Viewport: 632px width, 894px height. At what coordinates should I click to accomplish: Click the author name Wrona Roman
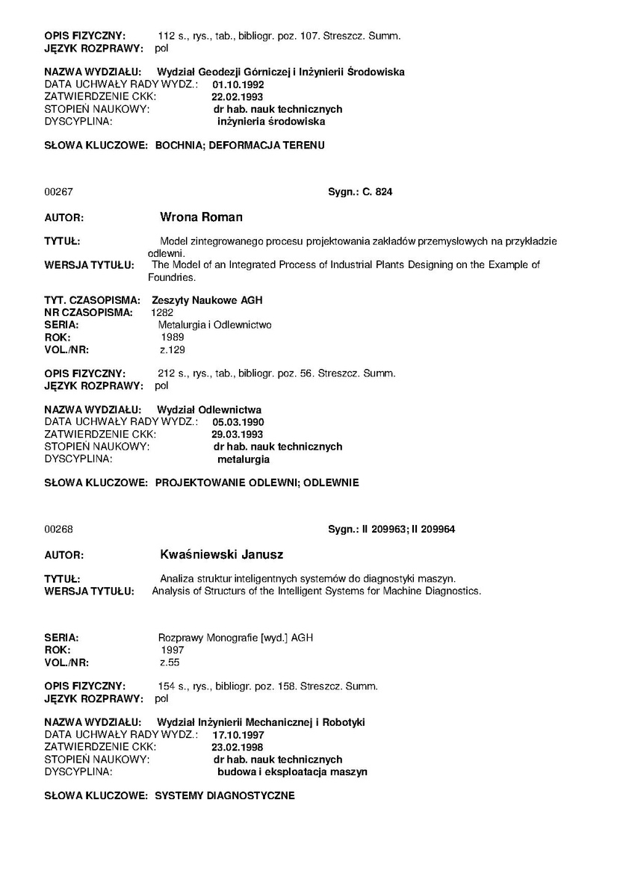[201, 217]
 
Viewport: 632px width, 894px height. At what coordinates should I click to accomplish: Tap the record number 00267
[58, 192]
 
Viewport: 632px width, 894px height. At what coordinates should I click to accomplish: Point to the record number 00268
[58, 529]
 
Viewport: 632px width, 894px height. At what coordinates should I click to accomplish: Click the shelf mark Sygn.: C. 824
[360, 192]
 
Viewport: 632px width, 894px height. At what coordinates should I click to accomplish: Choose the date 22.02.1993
[238, 97]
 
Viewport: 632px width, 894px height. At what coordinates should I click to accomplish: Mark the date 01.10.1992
[238, 85]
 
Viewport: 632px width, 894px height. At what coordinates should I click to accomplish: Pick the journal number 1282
[162, 312]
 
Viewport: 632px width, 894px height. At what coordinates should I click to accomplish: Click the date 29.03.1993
[238, 434]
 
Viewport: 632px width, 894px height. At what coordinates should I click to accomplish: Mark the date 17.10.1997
[238, 735]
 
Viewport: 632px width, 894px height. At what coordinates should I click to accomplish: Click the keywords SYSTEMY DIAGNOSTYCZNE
[224, 795]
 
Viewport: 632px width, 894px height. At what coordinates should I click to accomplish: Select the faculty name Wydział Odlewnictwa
[208, 410]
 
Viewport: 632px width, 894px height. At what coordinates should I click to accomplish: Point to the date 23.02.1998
[238, 747]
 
